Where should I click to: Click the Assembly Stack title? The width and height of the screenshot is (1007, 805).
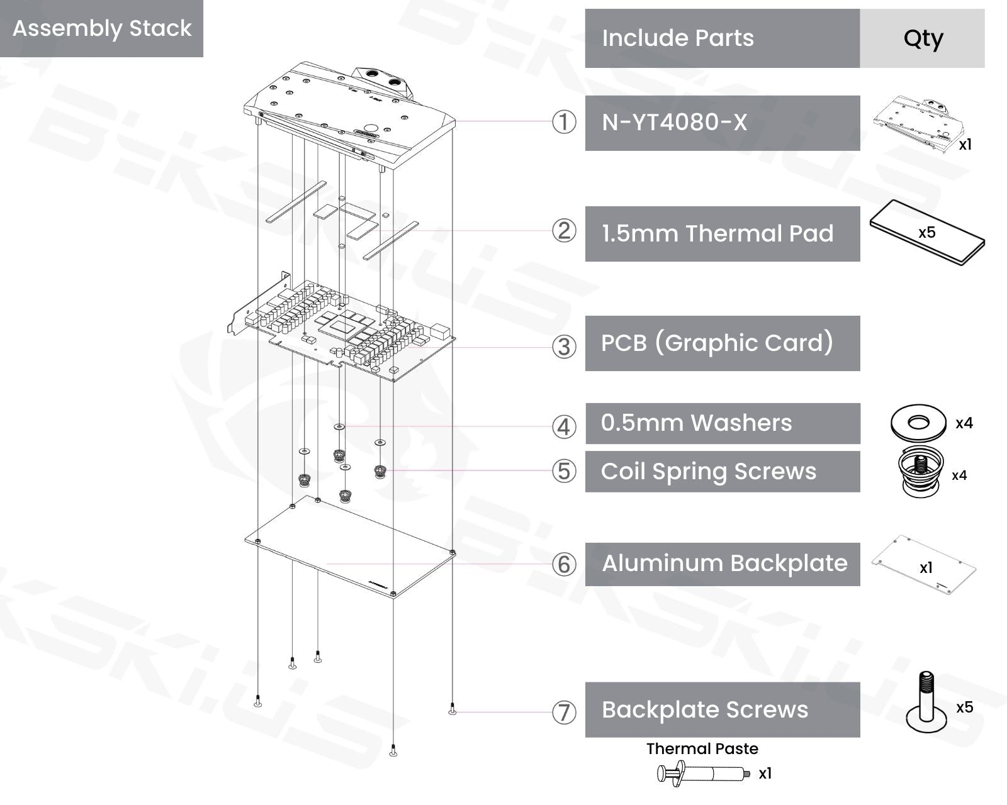(102, 28)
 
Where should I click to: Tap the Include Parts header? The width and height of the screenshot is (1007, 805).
(678, 38)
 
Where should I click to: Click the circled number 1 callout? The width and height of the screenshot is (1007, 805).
(564, 122)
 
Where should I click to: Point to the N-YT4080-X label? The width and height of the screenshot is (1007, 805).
(674, 123)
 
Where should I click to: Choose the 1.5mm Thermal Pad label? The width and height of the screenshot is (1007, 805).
(718, 233)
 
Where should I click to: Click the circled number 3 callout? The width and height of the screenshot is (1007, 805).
(564, 347)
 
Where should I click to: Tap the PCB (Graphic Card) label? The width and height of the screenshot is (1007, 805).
(717, 343)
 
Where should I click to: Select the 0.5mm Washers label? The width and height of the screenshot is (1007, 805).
(696, 423)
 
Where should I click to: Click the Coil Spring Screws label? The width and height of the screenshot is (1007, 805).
(709, 472)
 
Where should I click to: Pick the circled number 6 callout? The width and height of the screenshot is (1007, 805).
(564, 564)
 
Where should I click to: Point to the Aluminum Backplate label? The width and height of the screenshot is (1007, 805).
(725, 563)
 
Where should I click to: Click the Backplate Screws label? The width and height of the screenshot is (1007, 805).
(705, 710)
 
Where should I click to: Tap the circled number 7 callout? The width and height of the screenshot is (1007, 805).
(564, 713)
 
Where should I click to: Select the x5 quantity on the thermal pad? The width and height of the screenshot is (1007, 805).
(926, 233)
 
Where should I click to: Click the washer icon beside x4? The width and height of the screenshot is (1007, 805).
(918, 423)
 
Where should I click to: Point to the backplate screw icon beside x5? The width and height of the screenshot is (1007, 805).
(926, 702)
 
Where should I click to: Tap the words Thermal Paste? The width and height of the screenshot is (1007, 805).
(702, 749)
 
